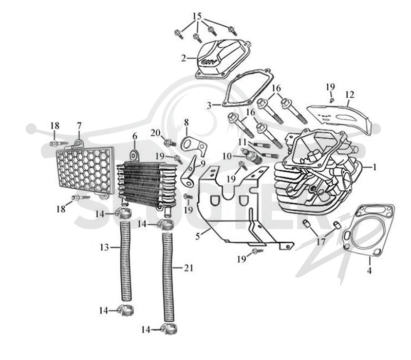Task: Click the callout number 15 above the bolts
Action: [197, 16]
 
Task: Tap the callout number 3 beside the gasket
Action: [209, 105]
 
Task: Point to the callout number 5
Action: [197, 236]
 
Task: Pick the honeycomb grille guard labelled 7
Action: [85, 170]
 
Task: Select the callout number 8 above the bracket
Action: [186, 122]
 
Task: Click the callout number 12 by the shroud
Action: [350, 95]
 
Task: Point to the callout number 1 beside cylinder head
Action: [375, 167]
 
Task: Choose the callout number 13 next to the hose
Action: [104, 247]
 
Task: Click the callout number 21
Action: [188, 268]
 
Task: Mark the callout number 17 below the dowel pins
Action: [321, 241]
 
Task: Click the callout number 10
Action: [227, 156]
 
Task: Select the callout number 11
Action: [243, 142]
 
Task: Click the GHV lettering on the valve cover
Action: [209, 62]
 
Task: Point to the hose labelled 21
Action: [168, 277]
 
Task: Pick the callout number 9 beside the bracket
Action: [203, 164]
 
